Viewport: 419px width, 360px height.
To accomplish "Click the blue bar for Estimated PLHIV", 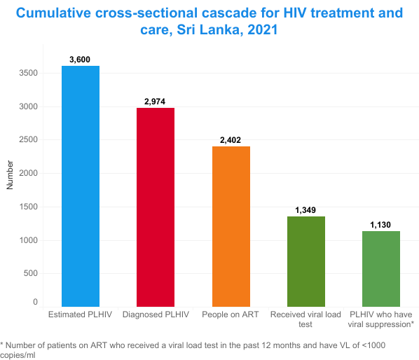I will click(x=80, y=186).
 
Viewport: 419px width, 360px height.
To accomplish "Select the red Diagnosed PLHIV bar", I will click(x=155, y=207).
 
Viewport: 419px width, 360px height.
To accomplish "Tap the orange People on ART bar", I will click(x=230, y=226).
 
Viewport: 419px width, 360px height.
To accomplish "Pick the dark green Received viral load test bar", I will click(x=305, y=261).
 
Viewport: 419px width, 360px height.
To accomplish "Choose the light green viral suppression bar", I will click(x=380, y=268).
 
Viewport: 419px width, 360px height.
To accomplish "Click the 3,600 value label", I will click(x=80, y=60).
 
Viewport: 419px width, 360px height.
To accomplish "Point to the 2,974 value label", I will click(x=155, y=102).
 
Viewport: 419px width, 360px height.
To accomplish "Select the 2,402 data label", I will click(x=230, y=140).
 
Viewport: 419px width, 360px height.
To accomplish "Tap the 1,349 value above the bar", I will click(x=305, y=210).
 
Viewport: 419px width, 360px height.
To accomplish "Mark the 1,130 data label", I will click(x=380, y=225).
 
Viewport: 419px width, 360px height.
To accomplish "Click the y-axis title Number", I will click(x=10, y=174).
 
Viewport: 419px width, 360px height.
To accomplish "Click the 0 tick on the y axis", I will click(x=35, y=302).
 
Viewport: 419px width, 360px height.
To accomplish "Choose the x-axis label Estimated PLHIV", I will click(x=80, y=314).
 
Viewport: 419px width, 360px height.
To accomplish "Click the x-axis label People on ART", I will click(x=230, y=314).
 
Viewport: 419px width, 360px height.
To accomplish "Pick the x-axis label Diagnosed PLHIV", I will click(x=155, y=314).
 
